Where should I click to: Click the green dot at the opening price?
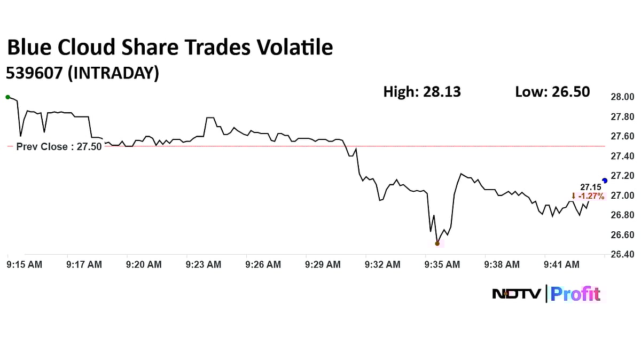click(x=7, y=97)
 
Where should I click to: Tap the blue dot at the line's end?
click(x=605, y=181)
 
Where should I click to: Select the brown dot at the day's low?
click(x=437, y=244)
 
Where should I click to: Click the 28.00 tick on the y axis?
click(x=622, y=97)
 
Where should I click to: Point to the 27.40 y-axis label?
click(x=622, y=156)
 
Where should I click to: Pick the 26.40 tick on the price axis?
click(x=622, y=254)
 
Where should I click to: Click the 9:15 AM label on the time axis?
click(x=24, y=264)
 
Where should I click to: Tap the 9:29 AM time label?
click(x=323, y=264)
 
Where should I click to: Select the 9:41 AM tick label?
click(x=561, y=264)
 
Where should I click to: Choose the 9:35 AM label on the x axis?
click(x=442, y=264)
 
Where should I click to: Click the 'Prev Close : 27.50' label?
click(x=59, y=147)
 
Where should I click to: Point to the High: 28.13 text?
click(x=422, y=92)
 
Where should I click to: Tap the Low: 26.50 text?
click(x=552, y=92)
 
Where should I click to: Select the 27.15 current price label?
click(x=591, y=187)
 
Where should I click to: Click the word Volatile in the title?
click(x=288, y=48)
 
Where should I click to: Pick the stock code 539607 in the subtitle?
click(x=35, y=73)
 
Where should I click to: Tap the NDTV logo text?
click(x=517, y=294)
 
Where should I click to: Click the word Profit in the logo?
click(x=576, y=294)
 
